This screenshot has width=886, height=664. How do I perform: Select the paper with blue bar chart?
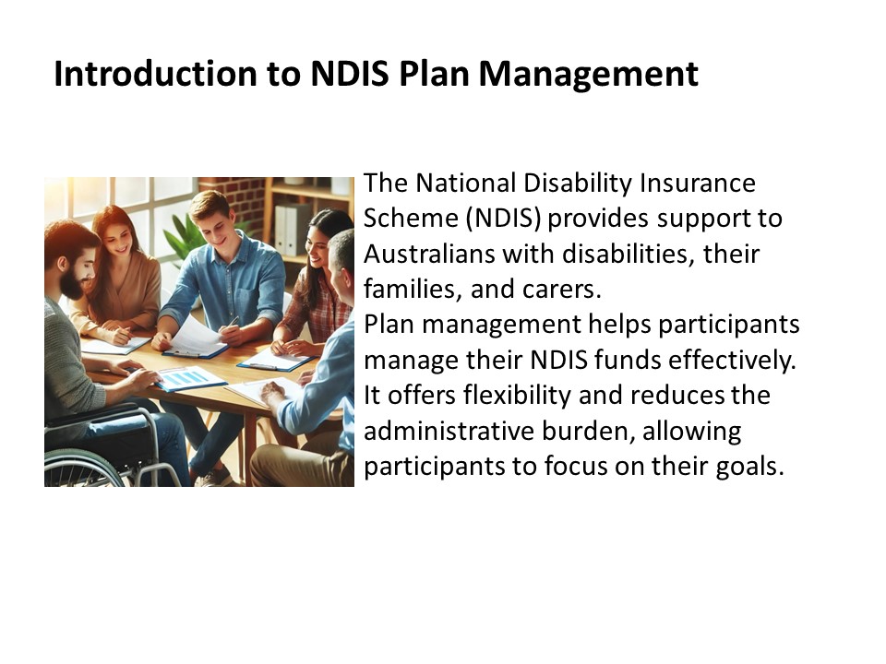coord(189,378)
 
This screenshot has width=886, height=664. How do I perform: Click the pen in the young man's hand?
coord(231,323)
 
